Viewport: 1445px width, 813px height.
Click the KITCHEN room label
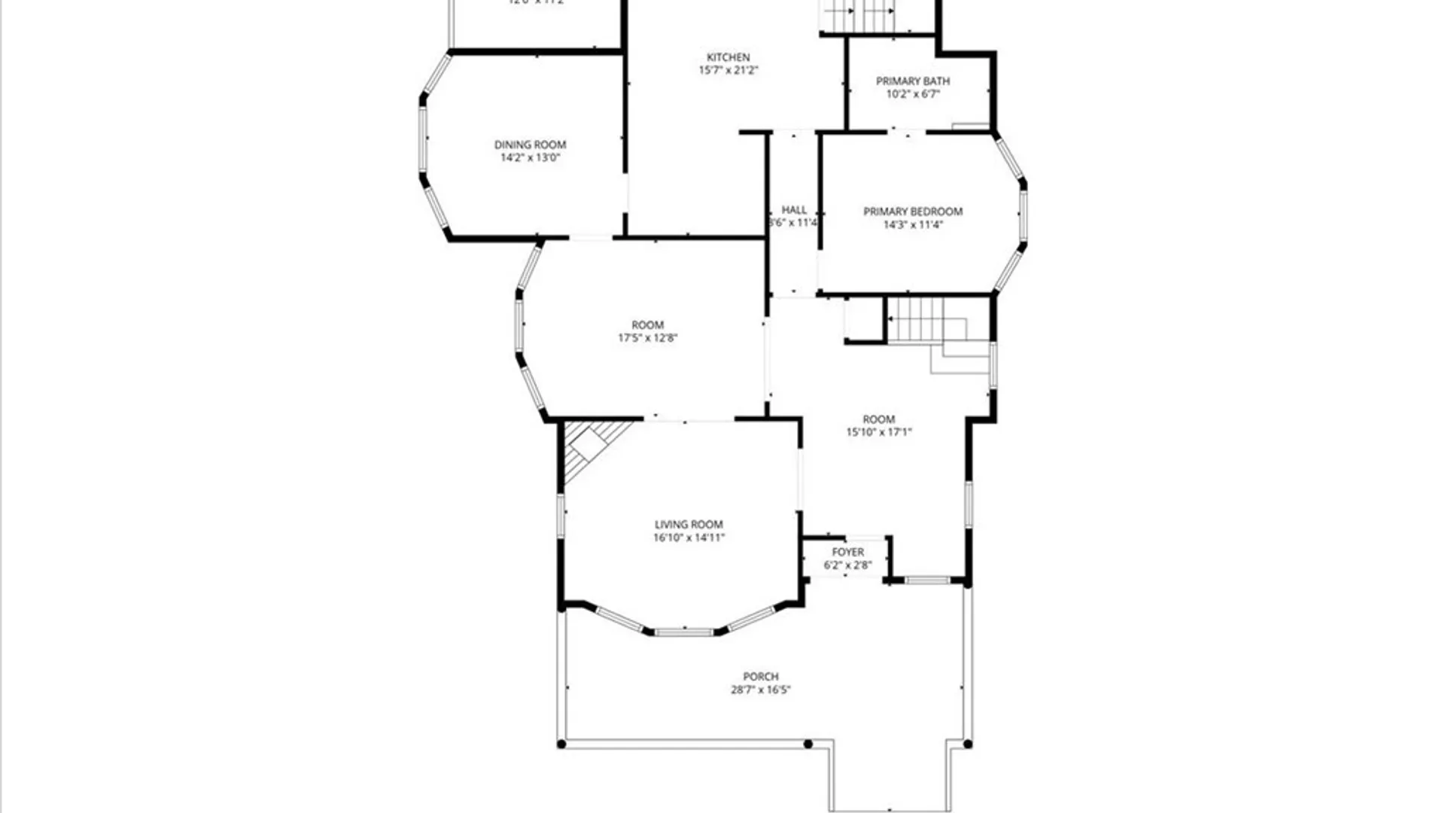(x=728, y=57)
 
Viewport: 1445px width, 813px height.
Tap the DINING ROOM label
(x=530, y=145)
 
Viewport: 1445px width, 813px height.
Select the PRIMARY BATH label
(x=912, y=81)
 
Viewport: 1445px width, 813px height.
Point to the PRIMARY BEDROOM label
(x=912, y=212)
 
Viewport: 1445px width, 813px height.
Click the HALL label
(x=793, y=210)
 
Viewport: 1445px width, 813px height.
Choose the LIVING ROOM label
(x=688, y=525)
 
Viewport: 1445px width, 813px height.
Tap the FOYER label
(x=847, y=552)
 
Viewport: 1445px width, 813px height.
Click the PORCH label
(x=760, y=677)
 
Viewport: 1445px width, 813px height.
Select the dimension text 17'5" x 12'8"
(x=647, y=338)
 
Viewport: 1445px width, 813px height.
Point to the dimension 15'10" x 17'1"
(x=878, y=432)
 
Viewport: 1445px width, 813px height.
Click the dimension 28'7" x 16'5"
(x=760, y=690)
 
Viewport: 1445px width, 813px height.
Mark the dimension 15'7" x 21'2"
(x=728, y=70)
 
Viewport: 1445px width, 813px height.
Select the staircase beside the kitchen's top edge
(x=858, y=15)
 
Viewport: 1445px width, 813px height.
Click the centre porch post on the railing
(x=808, y=744)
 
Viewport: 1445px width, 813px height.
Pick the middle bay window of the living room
(x=683, y=632)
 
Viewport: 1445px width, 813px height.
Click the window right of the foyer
(x=926, y=580)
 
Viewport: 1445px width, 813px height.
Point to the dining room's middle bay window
(x=423, y=139)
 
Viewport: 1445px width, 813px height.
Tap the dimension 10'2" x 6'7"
(x=912, y=94)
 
